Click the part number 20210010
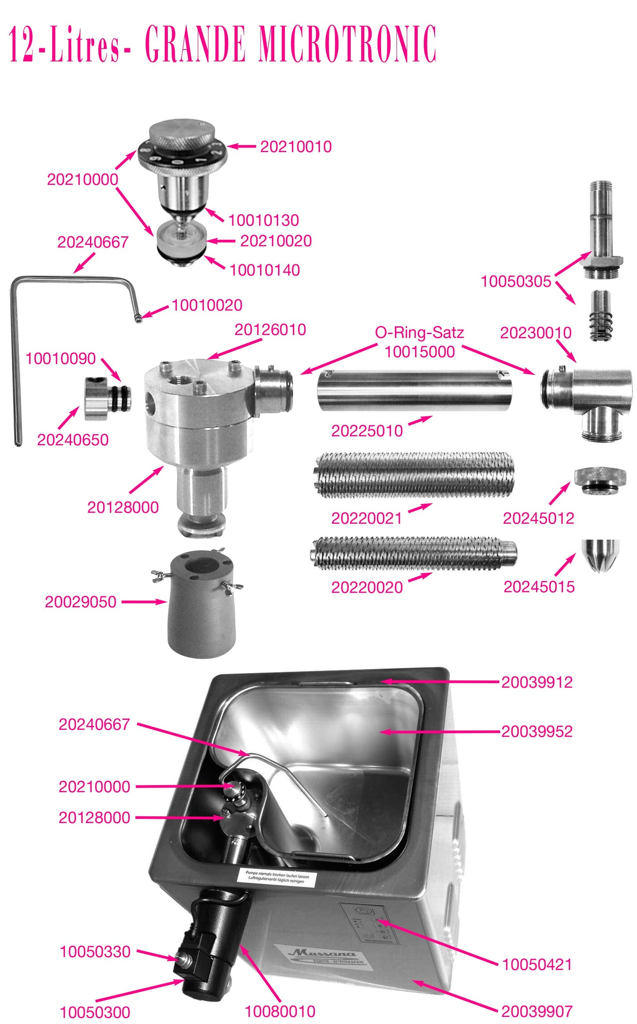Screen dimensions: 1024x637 tap(296, 147)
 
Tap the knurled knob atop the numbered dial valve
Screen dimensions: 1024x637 tap(182, 132)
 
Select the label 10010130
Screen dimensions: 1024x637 tap(263, 220)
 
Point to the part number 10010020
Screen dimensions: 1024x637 tap(207, 305)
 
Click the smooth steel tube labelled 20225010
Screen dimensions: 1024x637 tap(413, 391)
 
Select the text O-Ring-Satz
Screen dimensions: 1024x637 tap(419, 332)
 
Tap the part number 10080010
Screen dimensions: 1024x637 tap(280, 1011)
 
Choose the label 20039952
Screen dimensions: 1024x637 tap(536, 731)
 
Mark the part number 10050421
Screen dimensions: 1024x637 tap(537, 964)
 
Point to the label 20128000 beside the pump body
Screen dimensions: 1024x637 tap(123, 507)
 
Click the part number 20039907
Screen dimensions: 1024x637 tap(536, 1011)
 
